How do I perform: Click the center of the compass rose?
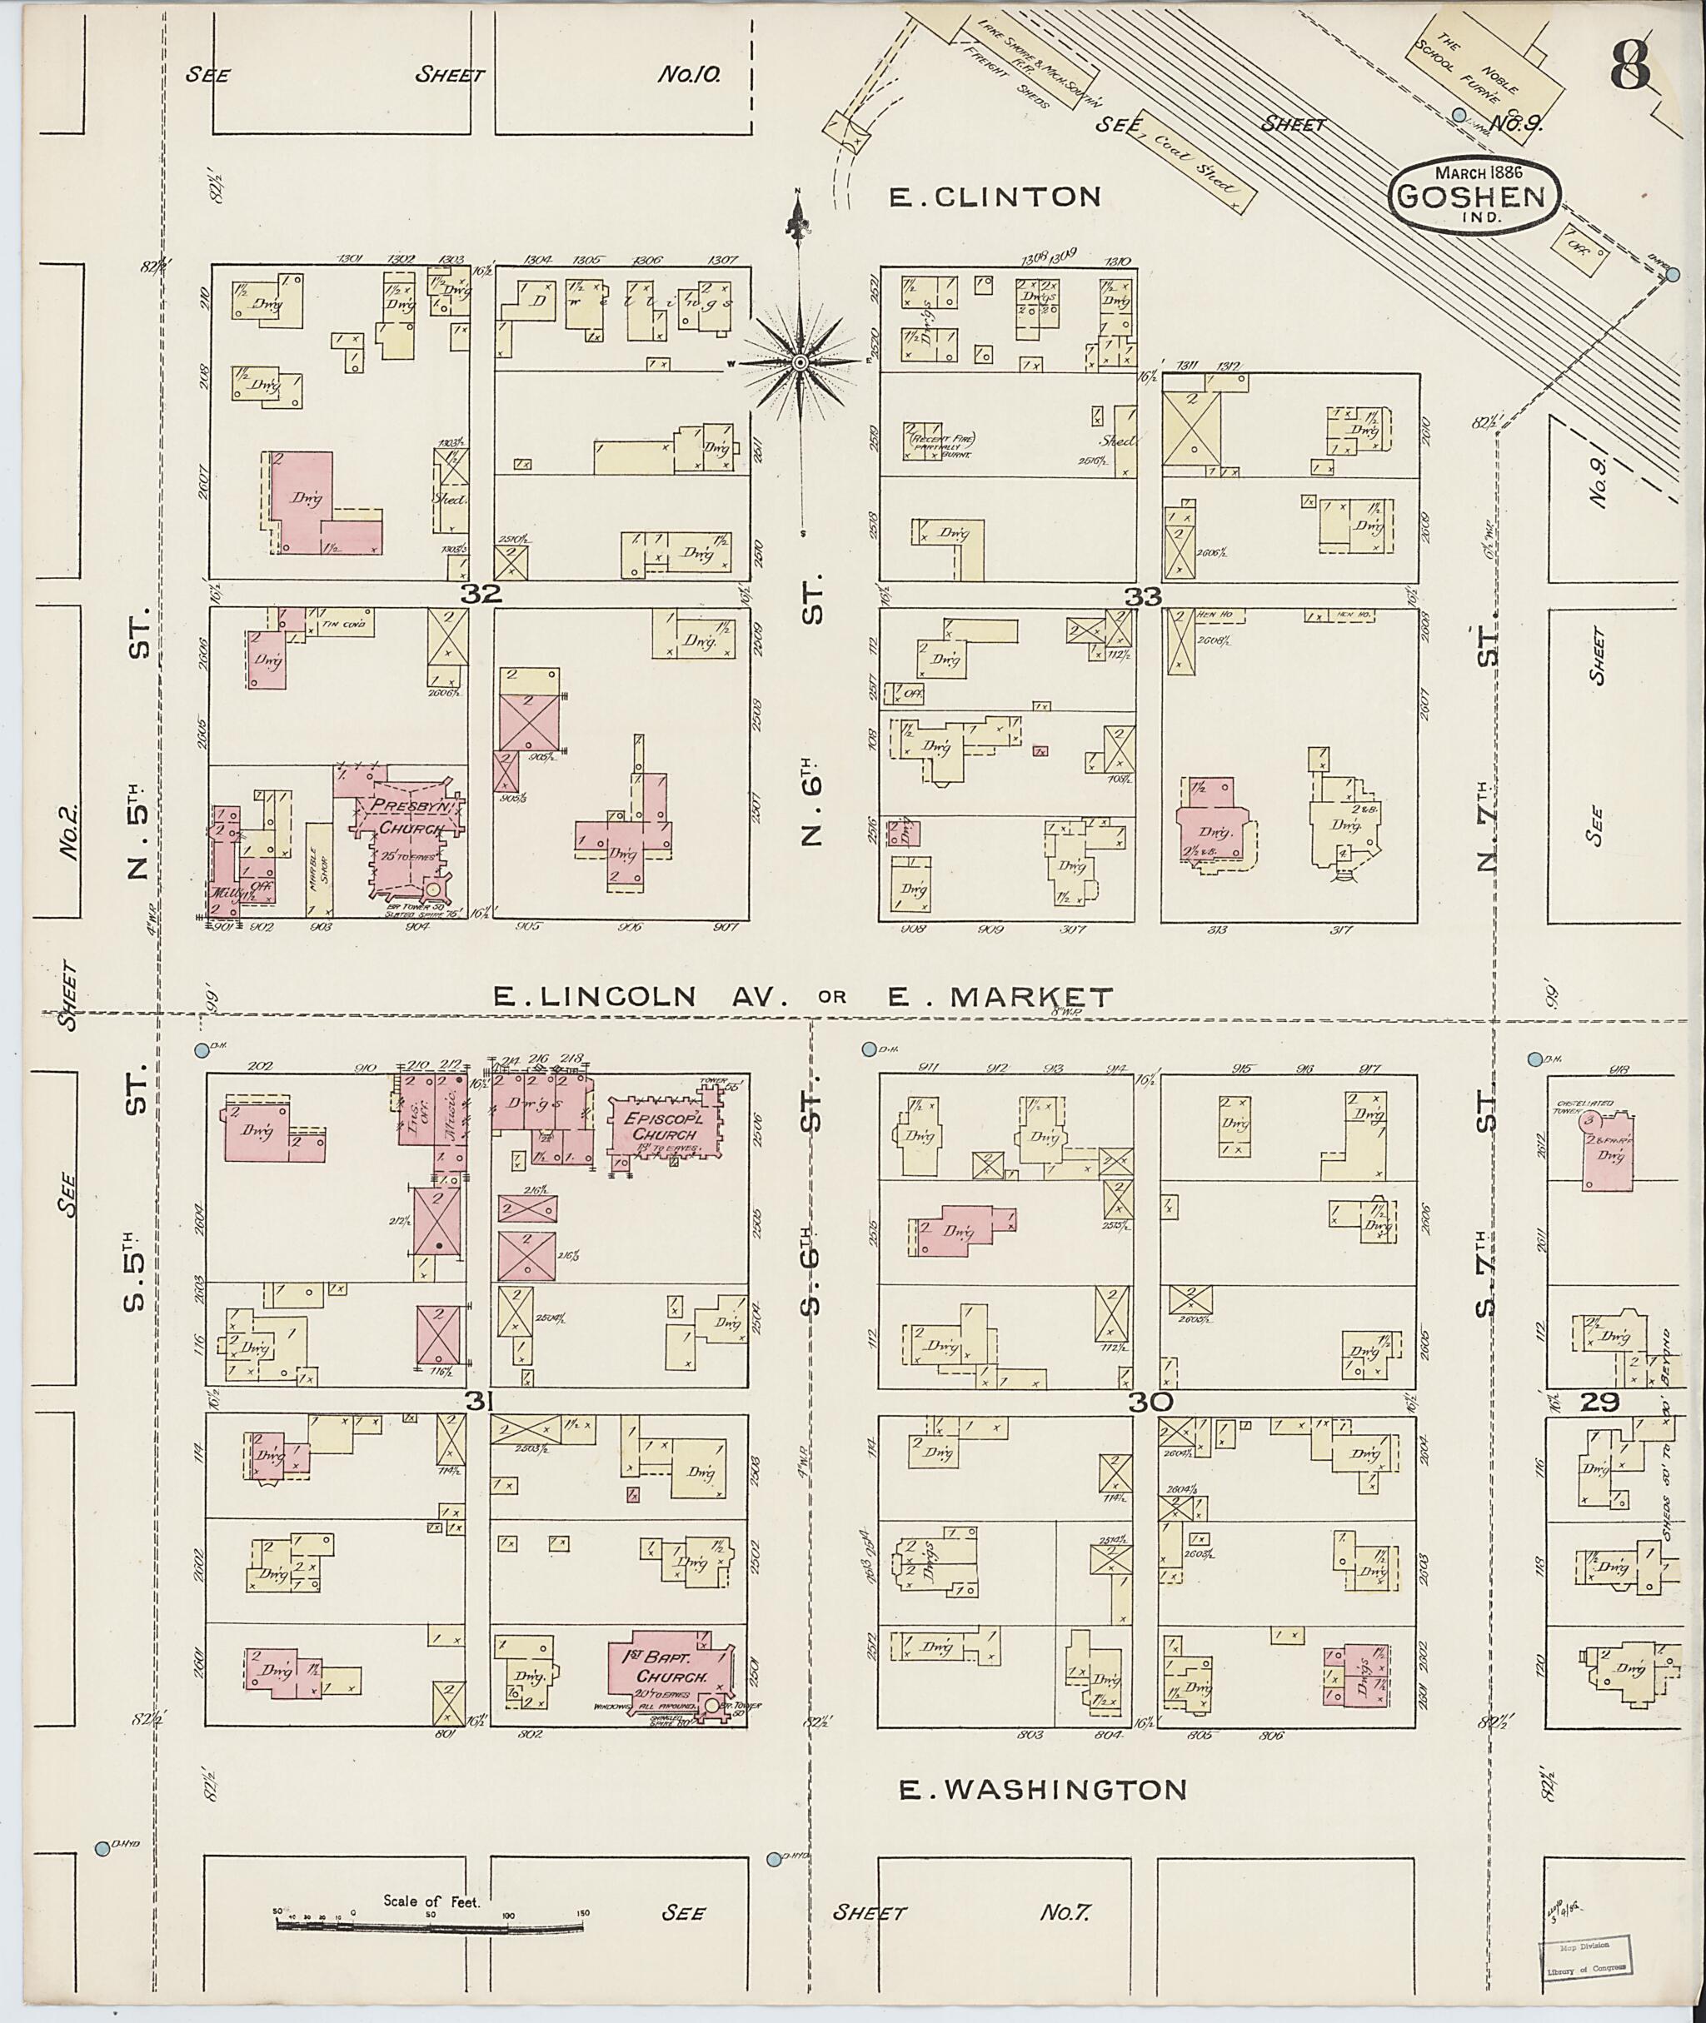pos(800,362)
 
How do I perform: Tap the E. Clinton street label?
pos(995,197)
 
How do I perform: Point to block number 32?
pos(481,595)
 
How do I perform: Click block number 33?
pos(1142,596)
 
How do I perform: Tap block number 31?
pos(476,1399)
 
